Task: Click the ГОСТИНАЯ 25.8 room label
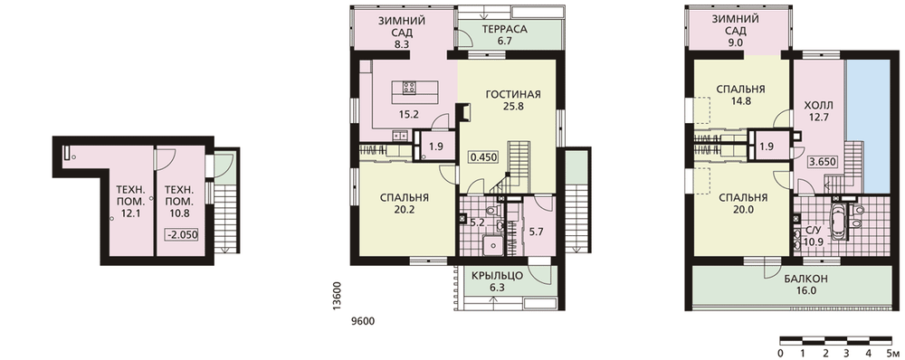(512, 99)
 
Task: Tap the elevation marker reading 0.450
(483, 156)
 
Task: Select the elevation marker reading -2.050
(181, 235)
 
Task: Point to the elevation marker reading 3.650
(823, 162)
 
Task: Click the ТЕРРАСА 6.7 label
(504, 34)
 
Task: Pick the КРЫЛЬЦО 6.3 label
(496, 281)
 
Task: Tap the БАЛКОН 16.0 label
(805, 285)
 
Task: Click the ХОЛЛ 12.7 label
(818, 112)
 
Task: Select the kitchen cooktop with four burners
(410, 89)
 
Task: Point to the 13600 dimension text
(338, 297)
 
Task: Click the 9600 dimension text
(363, 321)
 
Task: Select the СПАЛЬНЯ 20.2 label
(404, 204)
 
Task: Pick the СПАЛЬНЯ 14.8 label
(740, 95)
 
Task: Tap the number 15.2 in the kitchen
(408, 114)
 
